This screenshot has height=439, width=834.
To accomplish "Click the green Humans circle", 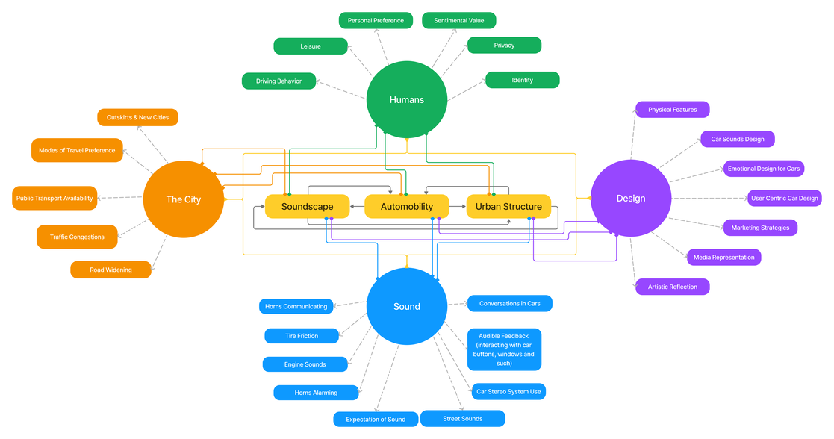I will click(406, 99).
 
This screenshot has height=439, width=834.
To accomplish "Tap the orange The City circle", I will click(183, 199).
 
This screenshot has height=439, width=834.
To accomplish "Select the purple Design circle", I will click(631, 199).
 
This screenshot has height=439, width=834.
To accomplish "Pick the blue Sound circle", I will click(406, 306).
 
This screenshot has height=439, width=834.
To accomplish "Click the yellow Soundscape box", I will click(308, 206).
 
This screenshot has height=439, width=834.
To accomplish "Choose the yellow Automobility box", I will click(407, 206).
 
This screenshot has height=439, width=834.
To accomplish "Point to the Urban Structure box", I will click(508, 206).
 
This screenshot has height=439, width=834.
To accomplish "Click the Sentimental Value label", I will click(459, 20).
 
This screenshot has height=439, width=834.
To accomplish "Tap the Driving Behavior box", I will click(278, 81).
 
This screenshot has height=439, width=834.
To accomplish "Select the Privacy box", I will click(504, 45).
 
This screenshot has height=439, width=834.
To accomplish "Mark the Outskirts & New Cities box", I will click(137, 117).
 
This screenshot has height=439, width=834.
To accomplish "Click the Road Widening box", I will click(111, 270).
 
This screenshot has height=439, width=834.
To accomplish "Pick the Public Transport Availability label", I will click(55, 198).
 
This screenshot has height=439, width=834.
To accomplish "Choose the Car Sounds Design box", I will click(737, 139).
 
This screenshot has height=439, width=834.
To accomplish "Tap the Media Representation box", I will click(723, 257).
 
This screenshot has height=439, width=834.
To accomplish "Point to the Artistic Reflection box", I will click(672, 287).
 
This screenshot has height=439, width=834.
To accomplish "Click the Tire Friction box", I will click(302, 336).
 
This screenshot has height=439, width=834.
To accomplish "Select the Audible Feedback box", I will click(504, 349).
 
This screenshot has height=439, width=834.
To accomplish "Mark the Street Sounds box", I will click(462, 419).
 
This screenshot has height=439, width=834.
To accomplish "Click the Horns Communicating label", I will click(296, 306).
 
